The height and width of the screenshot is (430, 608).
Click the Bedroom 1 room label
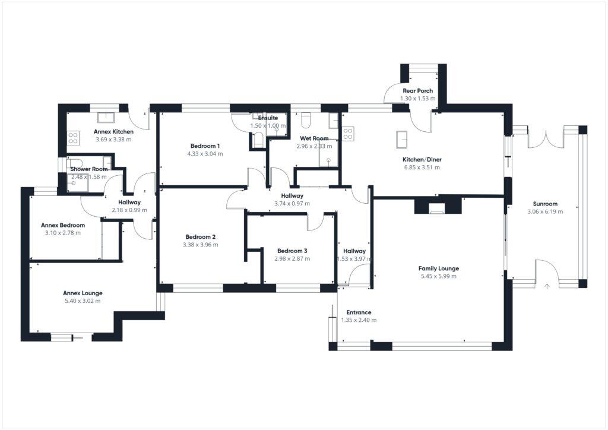(205, 146)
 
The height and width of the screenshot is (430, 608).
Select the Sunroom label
(544, 204)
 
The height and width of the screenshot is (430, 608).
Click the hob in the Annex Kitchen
(74, 138)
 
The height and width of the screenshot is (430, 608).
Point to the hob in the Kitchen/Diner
(348, 134)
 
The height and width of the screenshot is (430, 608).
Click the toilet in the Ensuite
(258, 140)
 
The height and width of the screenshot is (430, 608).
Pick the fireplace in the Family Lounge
(437, 207)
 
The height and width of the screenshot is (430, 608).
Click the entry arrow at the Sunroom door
(547, 286)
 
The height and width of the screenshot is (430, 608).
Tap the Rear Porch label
(417, 91)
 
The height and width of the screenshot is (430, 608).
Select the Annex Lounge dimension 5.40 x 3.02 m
(82, 301)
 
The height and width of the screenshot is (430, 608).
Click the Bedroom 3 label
(292, 251)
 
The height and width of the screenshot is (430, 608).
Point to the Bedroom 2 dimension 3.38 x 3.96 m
(201, 244)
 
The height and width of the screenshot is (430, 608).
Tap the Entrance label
(359, 312)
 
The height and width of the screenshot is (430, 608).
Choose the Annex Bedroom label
(62, 225)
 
